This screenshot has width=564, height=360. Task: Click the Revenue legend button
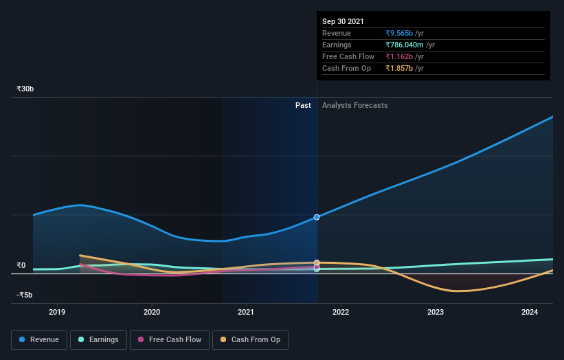click(x=40, y=339)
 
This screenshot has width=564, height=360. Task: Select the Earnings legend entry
click(x=99, y=339)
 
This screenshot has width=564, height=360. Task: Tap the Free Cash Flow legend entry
click(x=170, y=339)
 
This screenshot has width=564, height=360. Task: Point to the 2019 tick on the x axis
click(x=57, y=312)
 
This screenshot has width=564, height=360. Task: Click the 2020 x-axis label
click(x=151, y=312)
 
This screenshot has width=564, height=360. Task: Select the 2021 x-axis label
click(x=246, y=312)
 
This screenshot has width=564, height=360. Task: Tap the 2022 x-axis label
click(x=341, y=312)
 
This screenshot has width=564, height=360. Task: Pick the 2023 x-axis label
click(x=435, y=312)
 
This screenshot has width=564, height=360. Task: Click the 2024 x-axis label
click(x=530, y=312)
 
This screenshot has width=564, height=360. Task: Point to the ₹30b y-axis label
click(x=25, y=89)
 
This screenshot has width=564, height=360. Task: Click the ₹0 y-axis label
click(x=21, y=265)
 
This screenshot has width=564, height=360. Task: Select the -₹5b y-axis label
click(x=25, y=295)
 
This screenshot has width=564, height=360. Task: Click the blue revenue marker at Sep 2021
click(x=317, y=217)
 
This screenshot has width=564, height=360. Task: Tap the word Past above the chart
click(x=303, y=105)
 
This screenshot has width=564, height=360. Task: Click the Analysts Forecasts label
click(x=354, y=105)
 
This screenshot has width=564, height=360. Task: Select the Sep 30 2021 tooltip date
click(x=343, y=21)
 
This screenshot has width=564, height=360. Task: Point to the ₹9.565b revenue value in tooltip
click(x=399, y=33)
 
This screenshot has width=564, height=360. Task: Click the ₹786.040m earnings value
click(x=405, y=45)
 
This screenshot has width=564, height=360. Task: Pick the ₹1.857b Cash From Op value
click(x=399, y=68)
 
